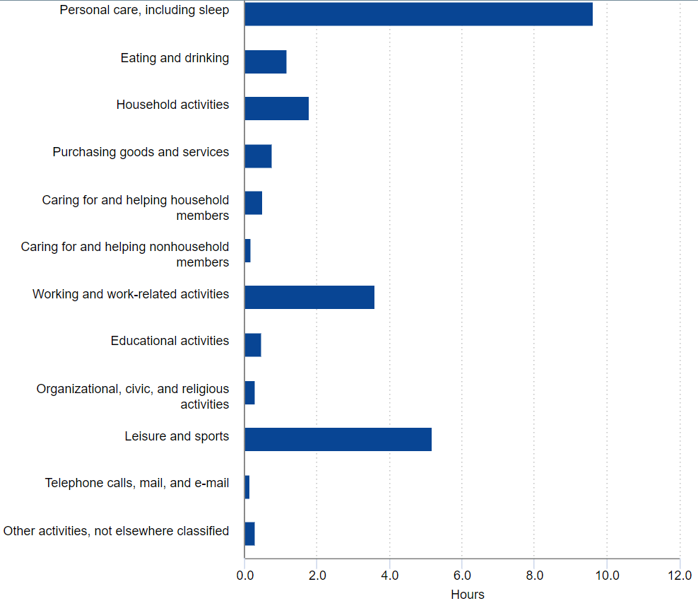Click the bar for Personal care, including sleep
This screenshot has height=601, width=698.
pyautogui.click(x=418, y=14)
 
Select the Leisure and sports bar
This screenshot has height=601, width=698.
pyautogui.click(x=338, y=439)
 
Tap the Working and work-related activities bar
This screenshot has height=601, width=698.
pyautogui.click(x=309, y=298)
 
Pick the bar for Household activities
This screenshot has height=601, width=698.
pyautogui.click(x=276, y=109)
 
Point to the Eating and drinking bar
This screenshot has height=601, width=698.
pyautogui.click(x=265, y=62)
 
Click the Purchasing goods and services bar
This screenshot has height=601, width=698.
pyautogui.click(x=258, y=156)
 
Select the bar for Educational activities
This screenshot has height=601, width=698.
pyautogui.click(x=253, y=345)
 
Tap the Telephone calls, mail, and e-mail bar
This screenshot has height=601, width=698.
pyautogui.click(x=247, y=487)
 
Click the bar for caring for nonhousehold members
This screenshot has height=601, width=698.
pyautogui.click(x=248, y=251)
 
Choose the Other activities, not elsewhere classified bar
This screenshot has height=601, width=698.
pyautogui.click(x=249, y=534)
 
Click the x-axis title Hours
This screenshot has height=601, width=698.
pyautogui.click(x=468, y=594)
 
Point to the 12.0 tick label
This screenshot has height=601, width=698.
pyautogui.click(x=679, y=576)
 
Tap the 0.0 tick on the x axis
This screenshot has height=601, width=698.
pyautogui.click(x=244, y=576)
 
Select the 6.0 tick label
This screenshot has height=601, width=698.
pyautogui.click(x=461, y=576)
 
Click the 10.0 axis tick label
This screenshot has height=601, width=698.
pyautogui.click(x=606, y=576)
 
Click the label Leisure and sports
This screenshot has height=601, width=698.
pyautogui.click(x=177, y=436)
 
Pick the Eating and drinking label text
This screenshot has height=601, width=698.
pyautogui.click(x=174, y=58)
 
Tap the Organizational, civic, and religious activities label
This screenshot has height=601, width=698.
pyautogui.click(x=133, y=396)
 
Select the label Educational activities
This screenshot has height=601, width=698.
pyautogui.click(x=170, y=341)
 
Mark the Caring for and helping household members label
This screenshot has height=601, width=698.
pyautogui.click(x=135, y=207)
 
